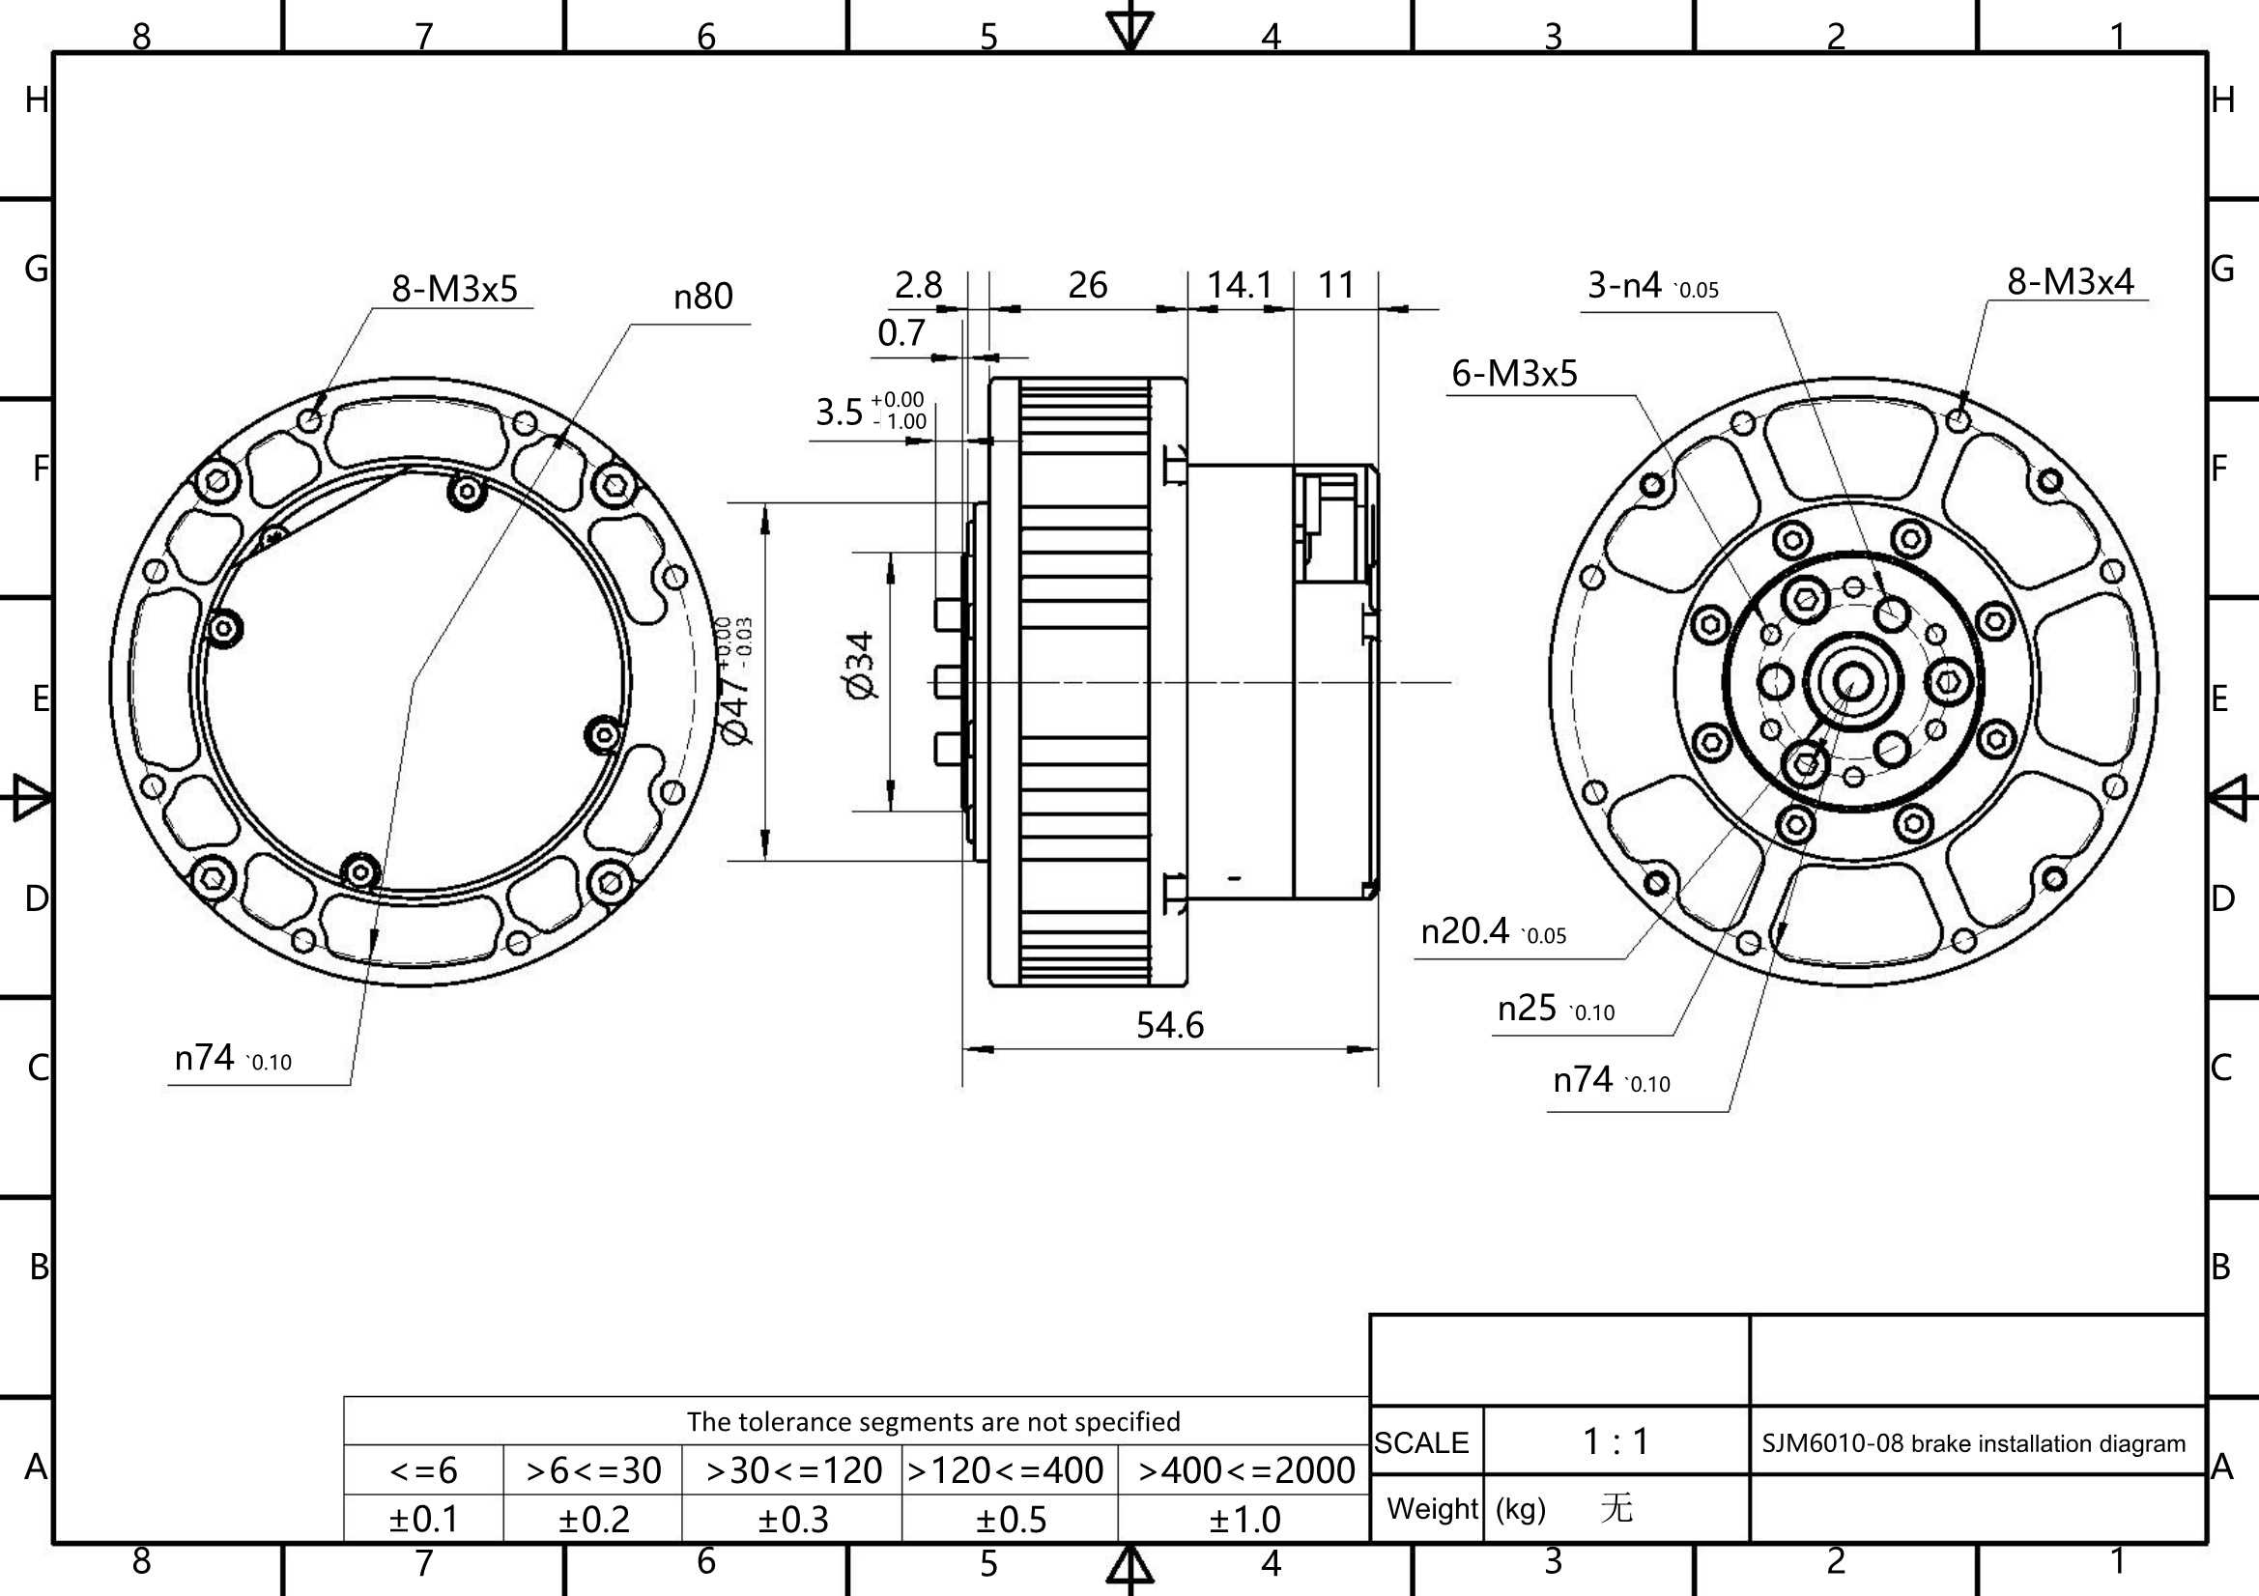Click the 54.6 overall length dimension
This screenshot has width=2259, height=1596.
[1170, 1025]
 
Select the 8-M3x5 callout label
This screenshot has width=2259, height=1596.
[454, 288]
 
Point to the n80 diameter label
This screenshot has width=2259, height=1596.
[703, 297]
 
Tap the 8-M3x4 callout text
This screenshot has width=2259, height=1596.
[2070, 281]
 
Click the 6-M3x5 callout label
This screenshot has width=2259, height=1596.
[1514, 374]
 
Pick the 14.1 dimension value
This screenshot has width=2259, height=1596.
[1240, 285]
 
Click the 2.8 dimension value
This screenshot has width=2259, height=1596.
[918, 285]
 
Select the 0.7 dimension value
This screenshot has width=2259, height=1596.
[901, 333]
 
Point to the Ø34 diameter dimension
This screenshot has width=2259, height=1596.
[859, 666]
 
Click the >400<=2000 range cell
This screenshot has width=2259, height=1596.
[1246, 1471]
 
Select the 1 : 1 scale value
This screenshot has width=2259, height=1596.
[1616, 1441]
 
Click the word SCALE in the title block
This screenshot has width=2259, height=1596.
[1420, 1442]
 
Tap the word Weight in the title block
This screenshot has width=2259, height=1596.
[1433, 1507]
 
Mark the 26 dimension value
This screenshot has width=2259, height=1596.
[1088, 285]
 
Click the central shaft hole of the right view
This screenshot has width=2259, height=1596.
[1853, 681]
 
